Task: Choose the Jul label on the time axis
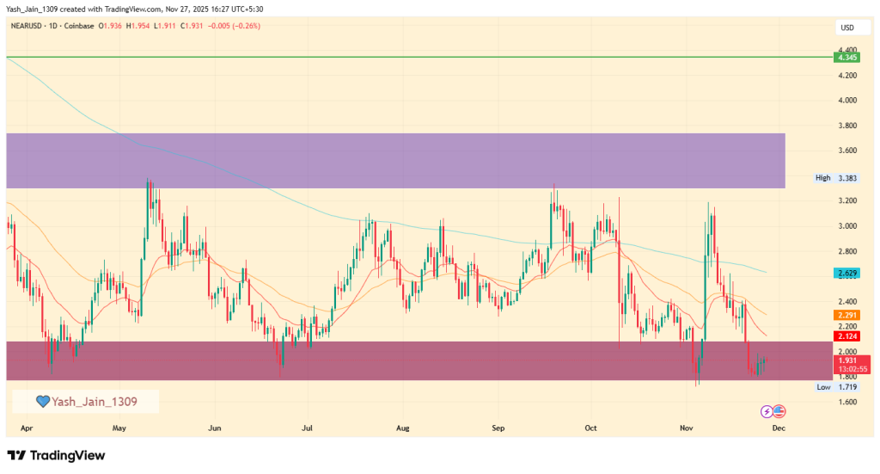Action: click(x=307, y=427)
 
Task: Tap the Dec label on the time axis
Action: click(x=778, y=427)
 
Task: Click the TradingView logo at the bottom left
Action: click(x=56, y=455)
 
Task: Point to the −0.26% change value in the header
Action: click(x=245, y=26)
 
